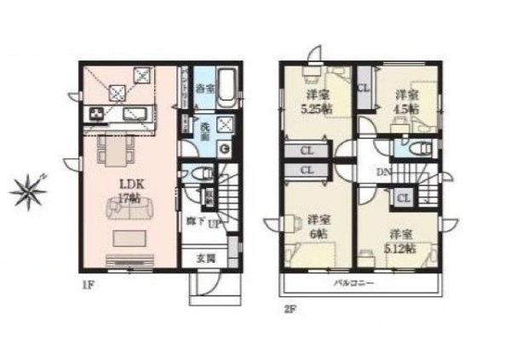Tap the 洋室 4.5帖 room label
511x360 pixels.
[x=405, y=102]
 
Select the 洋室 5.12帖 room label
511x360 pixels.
[x=402, y=241]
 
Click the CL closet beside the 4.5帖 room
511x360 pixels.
[x=364, y=87]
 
